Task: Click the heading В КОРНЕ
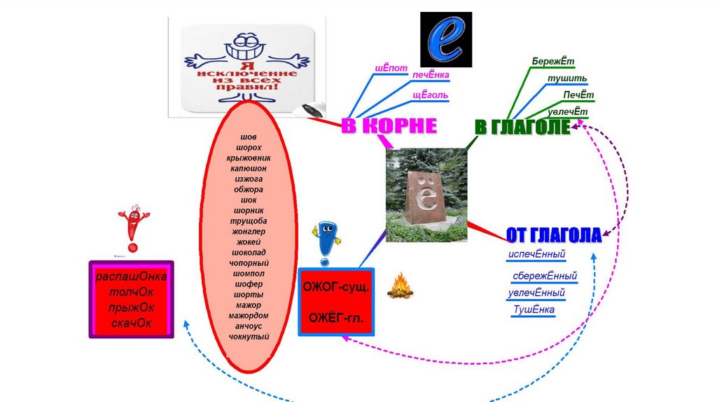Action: tap(389, 126)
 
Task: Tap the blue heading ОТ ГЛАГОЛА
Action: tap(553, 235)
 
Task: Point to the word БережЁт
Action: tap(552, 62)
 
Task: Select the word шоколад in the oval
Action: tap(249, 252)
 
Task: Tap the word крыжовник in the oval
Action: tap(249, 158)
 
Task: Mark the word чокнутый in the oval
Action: tap(249, 337)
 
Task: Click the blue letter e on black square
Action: tap(445, 39)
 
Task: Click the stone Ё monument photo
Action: tap(426, 195)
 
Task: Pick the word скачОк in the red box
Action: tap(131, 324)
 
